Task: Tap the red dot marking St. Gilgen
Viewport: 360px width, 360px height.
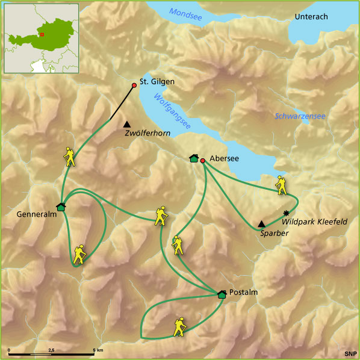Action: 134,85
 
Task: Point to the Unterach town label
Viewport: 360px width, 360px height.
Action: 311,17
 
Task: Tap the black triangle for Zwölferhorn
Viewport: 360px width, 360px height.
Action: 126,123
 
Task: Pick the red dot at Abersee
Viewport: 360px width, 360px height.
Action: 203,160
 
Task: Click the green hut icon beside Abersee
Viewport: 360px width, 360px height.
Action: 193,158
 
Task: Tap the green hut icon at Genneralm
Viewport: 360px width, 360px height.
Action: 61,207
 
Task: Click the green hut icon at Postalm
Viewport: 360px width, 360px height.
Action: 222,294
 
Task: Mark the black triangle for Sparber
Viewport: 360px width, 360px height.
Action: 261,223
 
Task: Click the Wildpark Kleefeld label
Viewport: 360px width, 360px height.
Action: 314,222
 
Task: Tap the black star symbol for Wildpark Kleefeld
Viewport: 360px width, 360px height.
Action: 286,213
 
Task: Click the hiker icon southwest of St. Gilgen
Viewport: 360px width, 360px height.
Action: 70,157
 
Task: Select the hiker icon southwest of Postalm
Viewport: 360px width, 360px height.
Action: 180,326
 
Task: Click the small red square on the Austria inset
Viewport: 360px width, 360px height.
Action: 43,34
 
